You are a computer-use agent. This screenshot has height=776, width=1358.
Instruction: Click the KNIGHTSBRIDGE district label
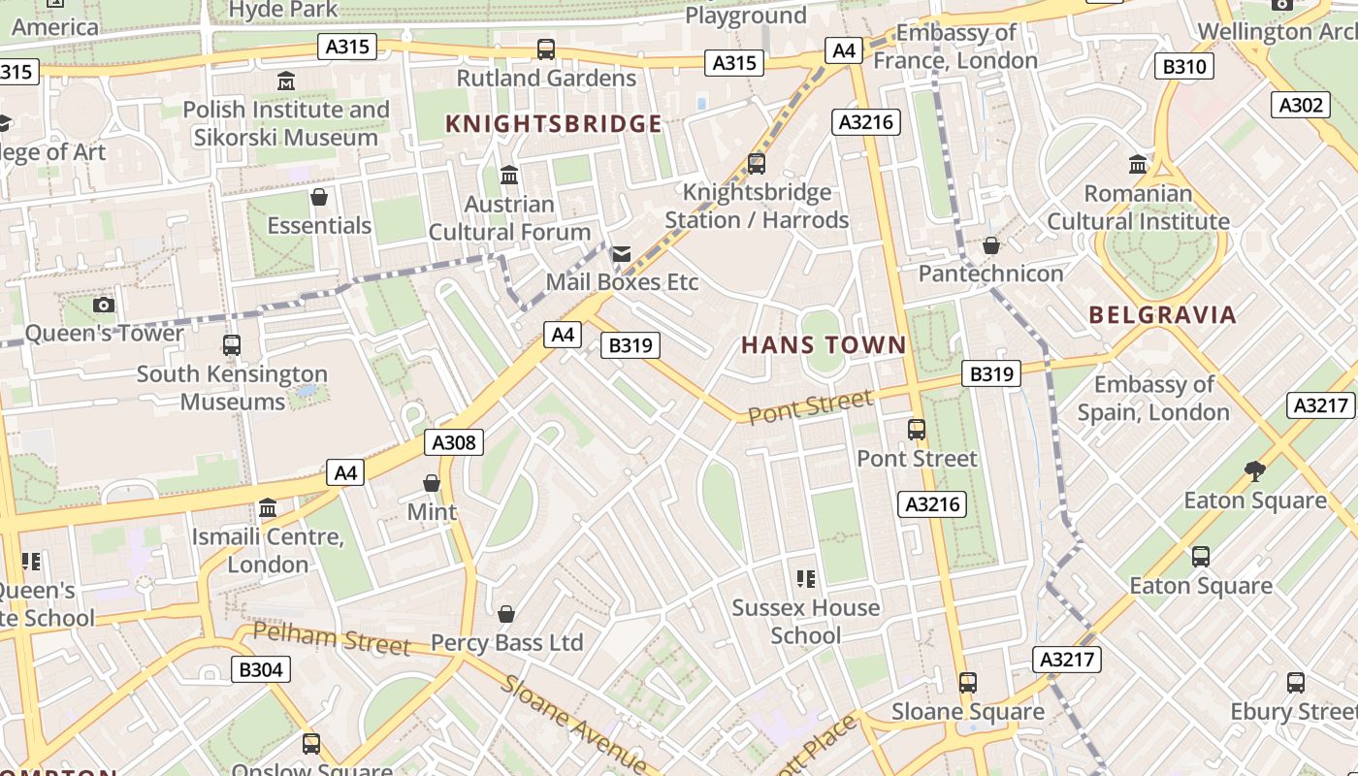click(553, 124)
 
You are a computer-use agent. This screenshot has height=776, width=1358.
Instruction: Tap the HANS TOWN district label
click(824, 344)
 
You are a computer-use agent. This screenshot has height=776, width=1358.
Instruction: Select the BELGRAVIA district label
click(1162, 314)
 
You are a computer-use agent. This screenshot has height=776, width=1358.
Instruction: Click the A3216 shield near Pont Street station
click(932, 503)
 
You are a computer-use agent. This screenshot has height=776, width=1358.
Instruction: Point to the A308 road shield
click(453, 443)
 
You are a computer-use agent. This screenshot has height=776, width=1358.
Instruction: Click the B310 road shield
click(1183, 66)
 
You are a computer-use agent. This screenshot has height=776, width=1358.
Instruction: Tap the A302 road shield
click(1300, 105)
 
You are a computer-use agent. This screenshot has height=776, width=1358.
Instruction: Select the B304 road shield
click(260, 669)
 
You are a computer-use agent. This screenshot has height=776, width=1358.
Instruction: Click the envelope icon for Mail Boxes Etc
click(621, 254)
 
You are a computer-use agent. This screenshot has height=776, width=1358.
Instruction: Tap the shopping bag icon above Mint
click(432, 483)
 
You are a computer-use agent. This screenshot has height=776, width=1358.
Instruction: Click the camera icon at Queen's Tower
click(104, 305)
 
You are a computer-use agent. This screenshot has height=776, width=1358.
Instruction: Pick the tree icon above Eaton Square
click(1254, 471)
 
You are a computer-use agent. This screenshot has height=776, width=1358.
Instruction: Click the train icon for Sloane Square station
click(967, 682)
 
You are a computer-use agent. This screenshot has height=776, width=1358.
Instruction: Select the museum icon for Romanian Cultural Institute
click(1138, 164)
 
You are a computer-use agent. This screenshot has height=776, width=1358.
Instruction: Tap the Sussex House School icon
click(805, 579)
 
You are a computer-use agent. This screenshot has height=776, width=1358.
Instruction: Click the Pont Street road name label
click(810, 406)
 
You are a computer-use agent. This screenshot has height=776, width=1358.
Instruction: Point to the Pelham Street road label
click(331, 638)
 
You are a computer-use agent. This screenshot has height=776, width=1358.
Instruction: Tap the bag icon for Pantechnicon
click(990, 245)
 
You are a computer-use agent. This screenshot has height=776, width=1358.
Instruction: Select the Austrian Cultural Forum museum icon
click(508, 176)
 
